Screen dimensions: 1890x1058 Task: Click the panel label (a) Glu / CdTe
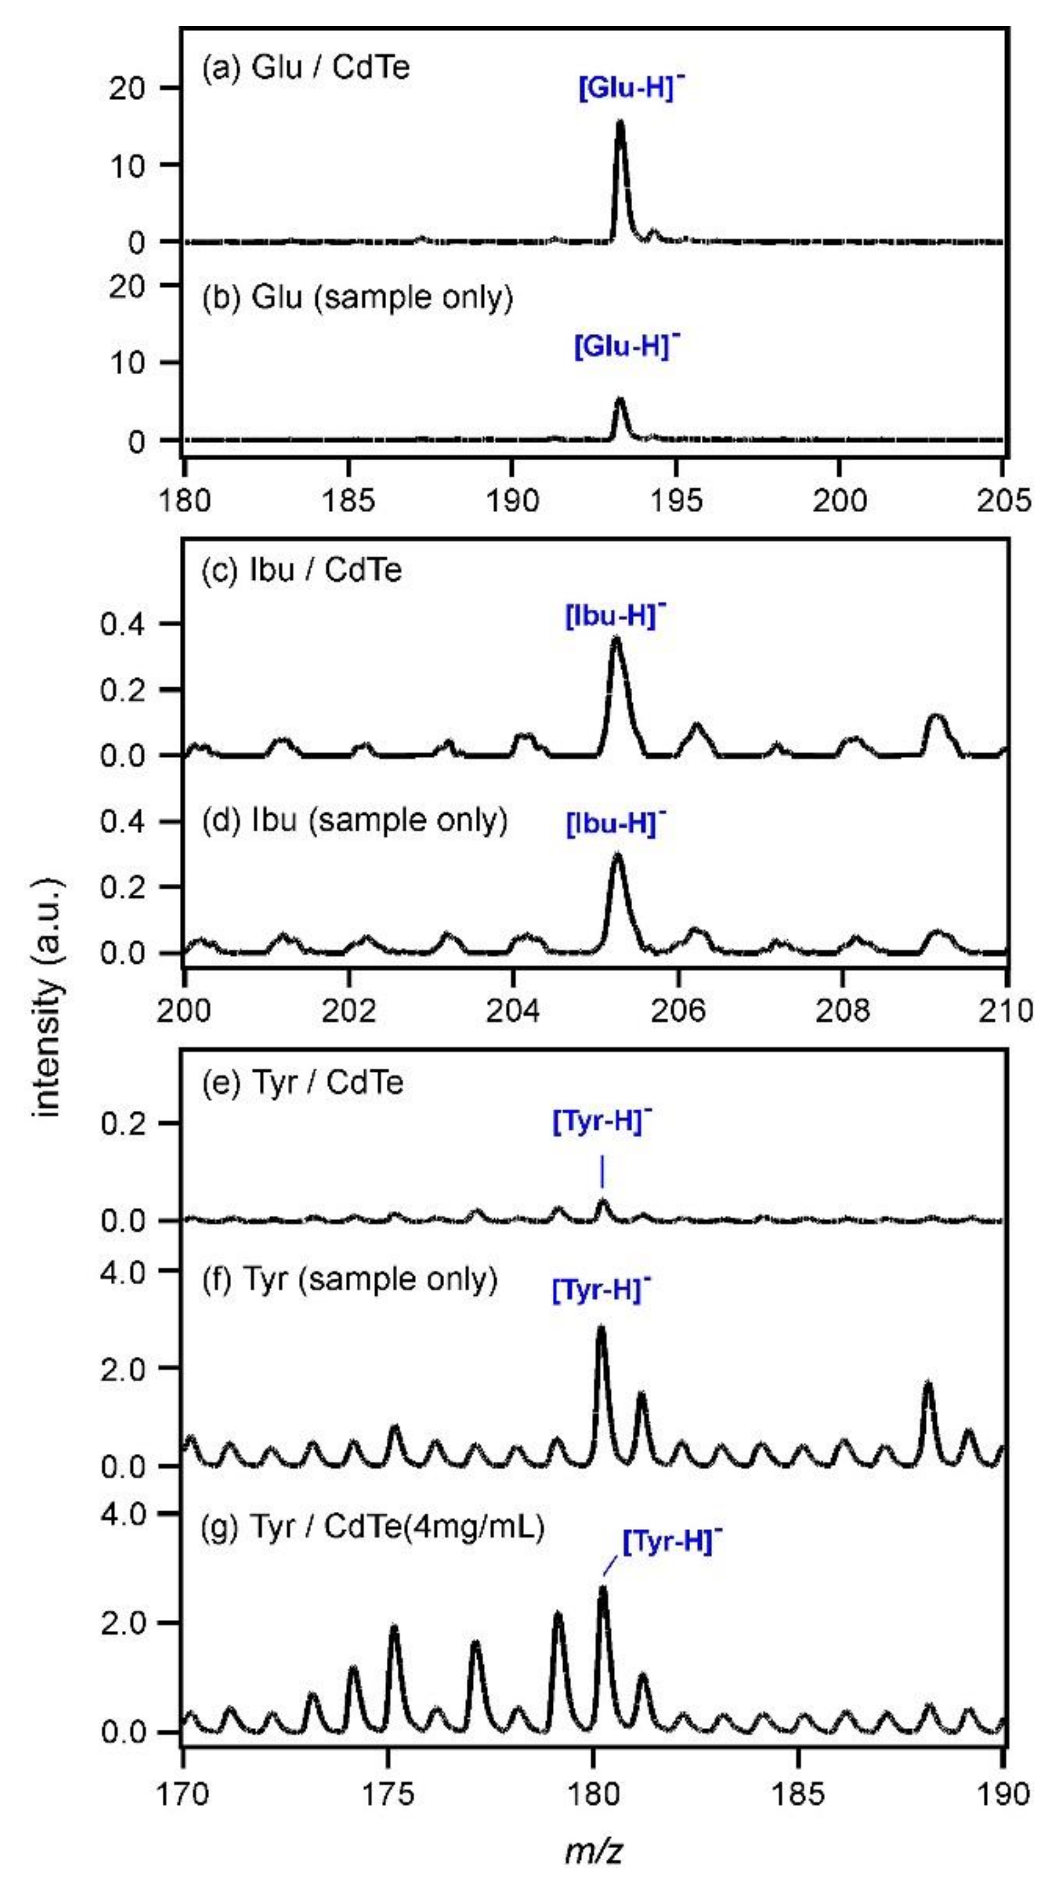[305, 67]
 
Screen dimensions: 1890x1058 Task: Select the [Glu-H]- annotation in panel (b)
[626, 345]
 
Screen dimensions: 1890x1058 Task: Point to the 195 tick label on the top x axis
[676, 501]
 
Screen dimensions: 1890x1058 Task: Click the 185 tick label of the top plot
[349, 501]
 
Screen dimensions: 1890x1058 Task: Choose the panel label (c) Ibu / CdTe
[302, 570]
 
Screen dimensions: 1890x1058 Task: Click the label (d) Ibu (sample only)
[355, 820]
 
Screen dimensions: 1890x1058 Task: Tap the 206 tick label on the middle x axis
[679, 1010]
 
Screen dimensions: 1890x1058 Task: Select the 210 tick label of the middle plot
[1006, 1010]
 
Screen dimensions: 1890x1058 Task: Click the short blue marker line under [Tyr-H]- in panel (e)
[602, 1172]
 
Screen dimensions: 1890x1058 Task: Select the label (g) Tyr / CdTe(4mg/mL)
[373, 1527]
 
